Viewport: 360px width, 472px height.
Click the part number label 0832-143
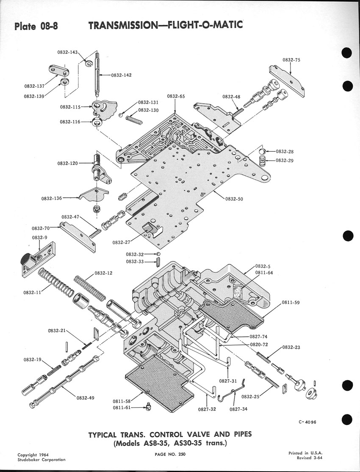coord(68,53)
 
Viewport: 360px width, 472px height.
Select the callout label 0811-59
coord(291,303)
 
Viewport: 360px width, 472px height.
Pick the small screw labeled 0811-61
coord(148,407)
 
